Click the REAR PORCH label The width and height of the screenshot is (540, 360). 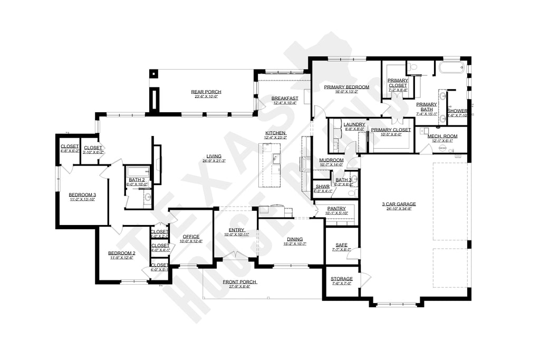(x=206, y=92)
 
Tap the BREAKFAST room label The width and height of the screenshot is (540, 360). (x=285, y=98)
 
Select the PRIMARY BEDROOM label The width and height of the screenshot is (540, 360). (x=346, y=86)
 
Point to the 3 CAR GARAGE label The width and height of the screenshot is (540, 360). (x=399, y=204)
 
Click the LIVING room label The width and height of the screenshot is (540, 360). (x=214, y=155)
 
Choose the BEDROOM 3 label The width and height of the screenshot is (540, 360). (x=82, y=194)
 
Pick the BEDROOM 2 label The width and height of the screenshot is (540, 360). (x=122, y=253)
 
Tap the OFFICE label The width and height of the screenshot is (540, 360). (x=190, y=236)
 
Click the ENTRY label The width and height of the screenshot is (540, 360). (x=236, y=230)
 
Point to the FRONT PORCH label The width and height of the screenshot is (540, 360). (x=239, y=282)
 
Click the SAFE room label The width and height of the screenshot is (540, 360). (x=341, y=245)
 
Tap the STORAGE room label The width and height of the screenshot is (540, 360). (x=342, y=278)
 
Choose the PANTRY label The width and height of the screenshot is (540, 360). (x=336, y=209)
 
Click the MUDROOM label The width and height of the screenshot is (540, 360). (x=331, y=160)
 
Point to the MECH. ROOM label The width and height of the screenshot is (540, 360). (x=442, y=135)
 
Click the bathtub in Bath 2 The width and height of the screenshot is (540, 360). (x=138, y=171)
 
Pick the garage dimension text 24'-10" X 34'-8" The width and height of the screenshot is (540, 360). (x=399, y=209)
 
